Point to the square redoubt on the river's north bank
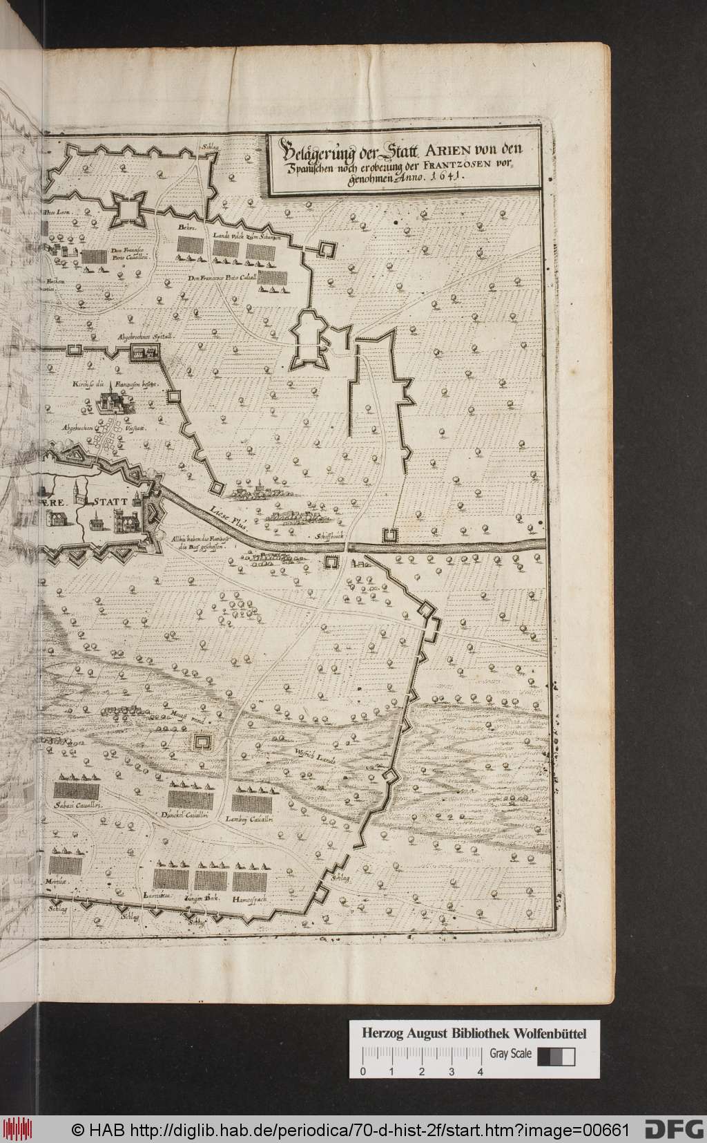pyautogui.click(x=391, y=536)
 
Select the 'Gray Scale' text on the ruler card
pyautogui.click(x=510, y=1015)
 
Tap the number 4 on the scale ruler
pyautogui.click(x=480, y=1033)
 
